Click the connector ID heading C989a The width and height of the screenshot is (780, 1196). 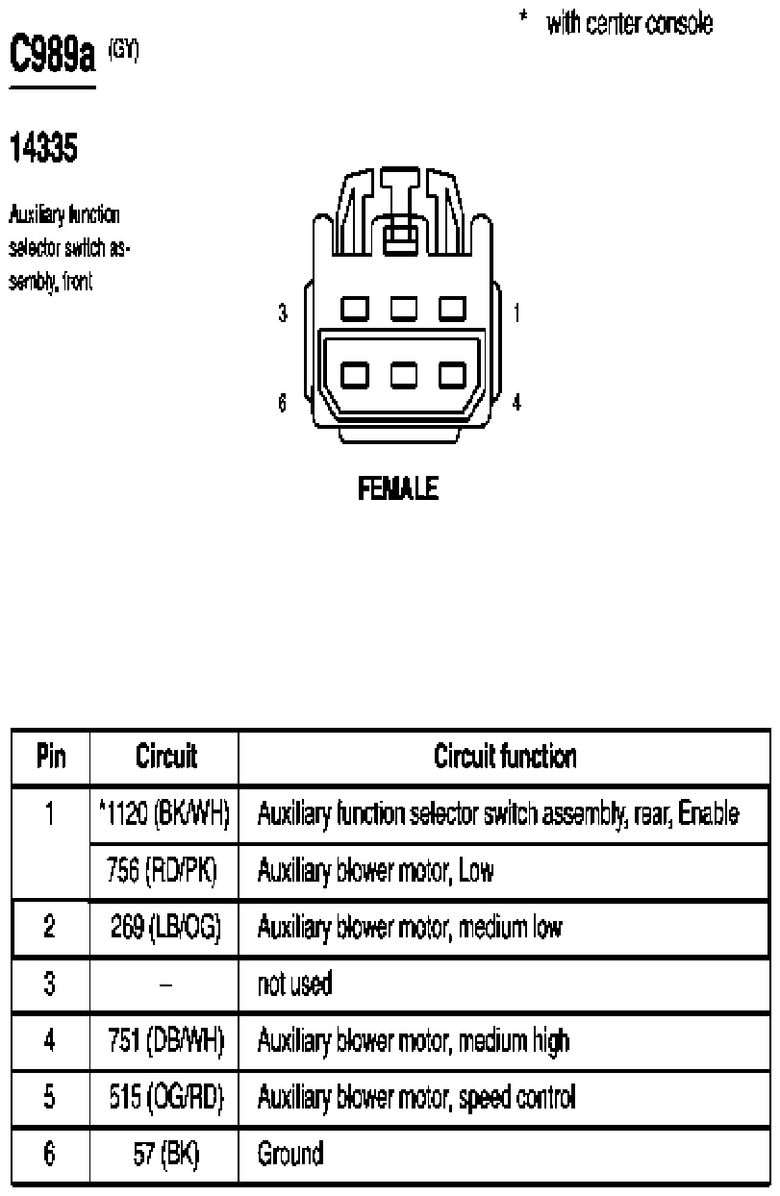53,57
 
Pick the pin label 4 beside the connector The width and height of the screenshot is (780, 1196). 517,404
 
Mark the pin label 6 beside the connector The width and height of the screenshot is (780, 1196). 282,404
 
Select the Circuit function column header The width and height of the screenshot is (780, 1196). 505,758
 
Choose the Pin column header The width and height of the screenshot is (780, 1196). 50,758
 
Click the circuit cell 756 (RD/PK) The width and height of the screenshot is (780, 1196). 163,872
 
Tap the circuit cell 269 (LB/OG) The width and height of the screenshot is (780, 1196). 164,928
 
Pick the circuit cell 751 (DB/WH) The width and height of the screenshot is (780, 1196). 164,1040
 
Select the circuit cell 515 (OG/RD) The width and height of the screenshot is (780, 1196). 164,1097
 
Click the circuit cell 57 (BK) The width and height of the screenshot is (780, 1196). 164,1154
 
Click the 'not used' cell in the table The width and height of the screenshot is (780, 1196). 294,984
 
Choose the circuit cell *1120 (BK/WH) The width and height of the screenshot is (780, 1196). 164,815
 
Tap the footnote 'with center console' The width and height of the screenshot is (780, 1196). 629,25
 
